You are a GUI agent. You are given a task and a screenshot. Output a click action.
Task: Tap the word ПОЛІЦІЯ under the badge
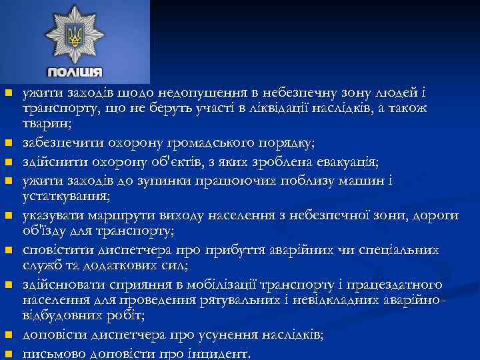coord(75,71)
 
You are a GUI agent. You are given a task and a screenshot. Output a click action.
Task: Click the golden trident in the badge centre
coord(74,35)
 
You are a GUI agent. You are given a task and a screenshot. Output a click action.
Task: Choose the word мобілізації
coord(175,285)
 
